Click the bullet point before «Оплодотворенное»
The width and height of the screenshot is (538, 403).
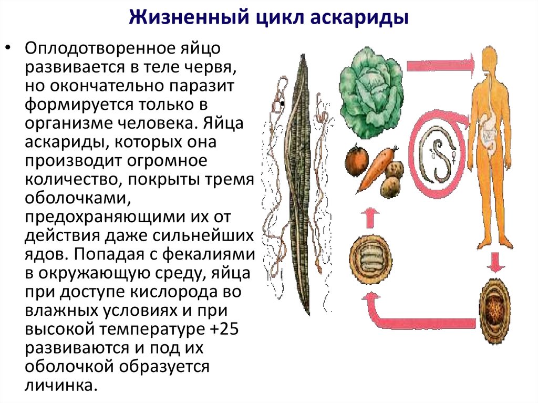(8, 48)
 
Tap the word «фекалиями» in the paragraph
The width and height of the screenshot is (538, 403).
(209, 254)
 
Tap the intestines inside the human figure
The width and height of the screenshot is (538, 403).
(489, 132)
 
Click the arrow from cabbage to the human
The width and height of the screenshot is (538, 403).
(440, 64)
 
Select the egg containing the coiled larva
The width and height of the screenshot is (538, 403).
(370, 259)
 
